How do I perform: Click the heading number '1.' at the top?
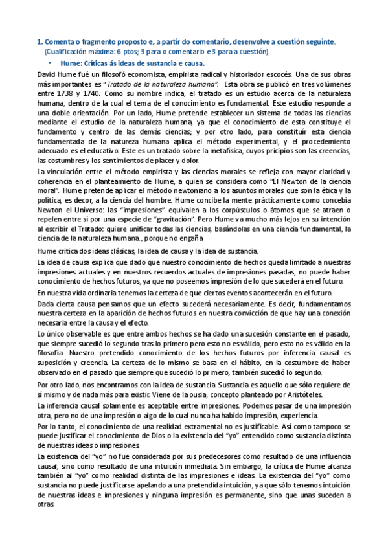40,41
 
